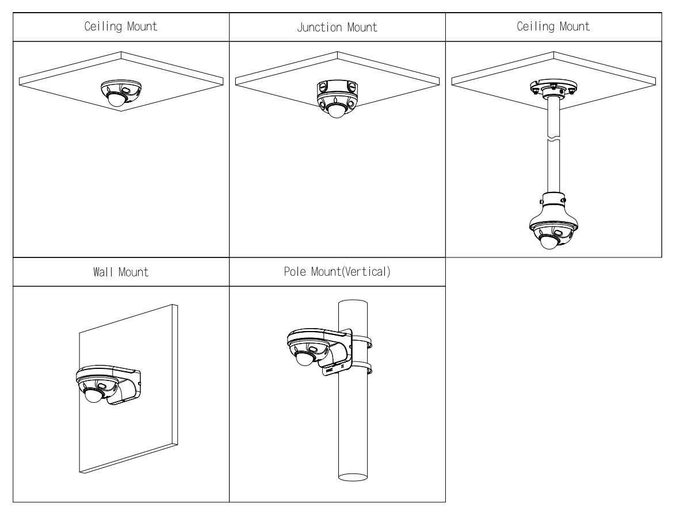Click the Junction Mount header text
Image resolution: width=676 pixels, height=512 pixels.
(x=337, y=28)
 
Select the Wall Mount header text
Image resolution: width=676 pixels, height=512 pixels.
(x=121, y=272)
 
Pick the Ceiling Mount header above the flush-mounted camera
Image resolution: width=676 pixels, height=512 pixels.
(x=121, y=28)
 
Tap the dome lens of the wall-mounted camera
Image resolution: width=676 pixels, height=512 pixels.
(x=92, y=396)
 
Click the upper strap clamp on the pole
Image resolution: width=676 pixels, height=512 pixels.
(x=361, y=344)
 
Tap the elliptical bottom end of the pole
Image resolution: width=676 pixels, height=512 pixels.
(x=356, y=476)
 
